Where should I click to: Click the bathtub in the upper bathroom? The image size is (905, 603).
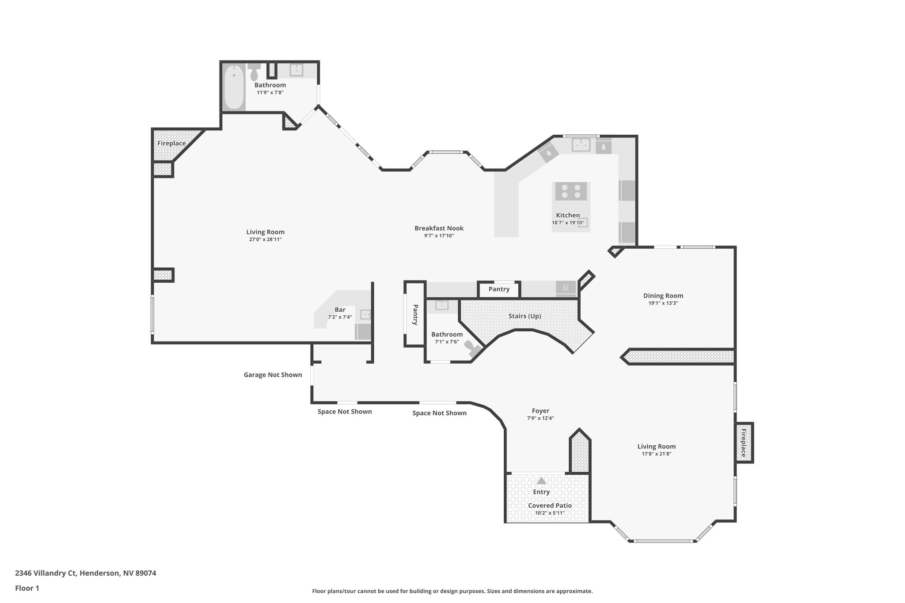point(233,87)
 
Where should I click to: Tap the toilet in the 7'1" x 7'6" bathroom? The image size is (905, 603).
point(474,349)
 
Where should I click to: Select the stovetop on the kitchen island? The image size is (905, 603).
point(571,191)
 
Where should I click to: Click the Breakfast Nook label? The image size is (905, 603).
point(439,228)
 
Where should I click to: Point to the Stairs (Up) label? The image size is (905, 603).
point(525,316)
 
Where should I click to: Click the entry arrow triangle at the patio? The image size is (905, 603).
point(541,481)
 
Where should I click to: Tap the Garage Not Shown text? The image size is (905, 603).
point(273,375)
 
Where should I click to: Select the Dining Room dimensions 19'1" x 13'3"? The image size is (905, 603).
point(663,303)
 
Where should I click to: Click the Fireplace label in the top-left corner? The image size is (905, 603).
point(171,144)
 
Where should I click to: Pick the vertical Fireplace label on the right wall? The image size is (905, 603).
point(743,443)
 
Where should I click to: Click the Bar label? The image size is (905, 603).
point(340,310)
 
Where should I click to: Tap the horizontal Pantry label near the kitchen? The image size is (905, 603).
point(499,289)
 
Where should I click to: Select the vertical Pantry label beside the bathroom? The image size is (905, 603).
point(415,315)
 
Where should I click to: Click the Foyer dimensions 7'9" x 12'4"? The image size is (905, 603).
point(540,418)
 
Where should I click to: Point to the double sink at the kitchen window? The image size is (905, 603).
point(581,144)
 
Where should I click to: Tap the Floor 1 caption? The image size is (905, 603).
point(27,588)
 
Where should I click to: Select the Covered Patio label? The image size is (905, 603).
point(550,506)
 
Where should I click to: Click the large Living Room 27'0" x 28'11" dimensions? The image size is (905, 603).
point(265,239)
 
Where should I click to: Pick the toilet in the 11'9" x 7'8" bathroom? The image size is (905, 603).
point(254,73)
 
